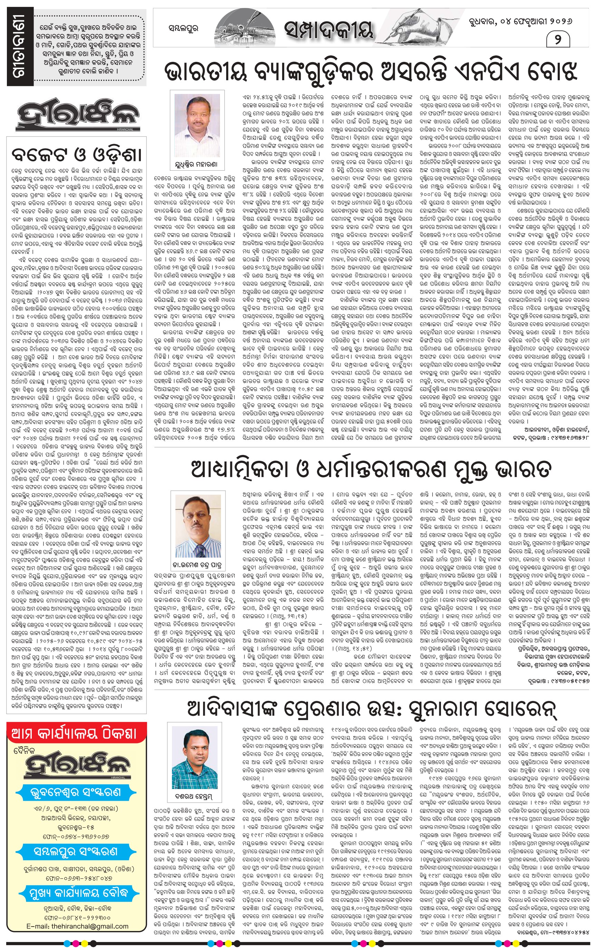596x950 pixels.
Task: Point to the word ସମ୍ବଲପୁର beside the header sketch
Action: pos(183,28)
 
